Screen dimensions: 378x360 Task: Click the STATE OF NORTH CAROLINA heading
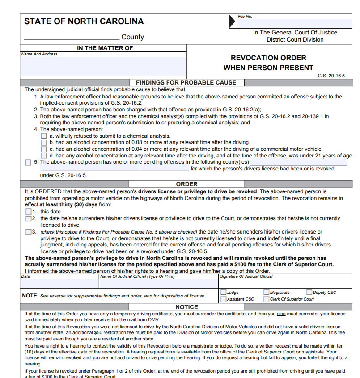tap(84, 21)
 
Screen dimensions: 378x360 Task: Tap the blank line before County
tap(72, 38)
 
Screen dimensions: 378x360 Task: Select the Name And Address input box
tap(103, 66)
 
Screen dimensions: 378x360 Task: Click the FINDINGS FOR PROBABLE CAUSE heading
tap(186, 82)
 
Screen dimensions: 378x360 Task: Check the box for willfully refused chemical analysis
tap(44, 136)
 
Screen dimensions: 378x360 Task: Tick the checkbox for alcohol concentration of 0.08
tap(44, 143)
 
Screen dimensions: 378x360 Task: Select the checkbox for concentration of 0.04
tap(44, 149)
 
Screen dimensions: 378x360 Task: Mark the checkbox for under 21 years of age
tap(44, 156)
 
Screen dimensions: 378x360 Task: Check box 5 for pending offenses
tap(29, 162)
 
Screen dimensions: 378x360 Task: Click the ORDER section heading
tap(186, 184)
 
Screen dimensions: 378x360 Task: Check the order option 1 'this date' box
tap(29, 212)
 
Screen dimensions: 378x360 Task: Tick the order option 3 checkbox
tap(29, 232)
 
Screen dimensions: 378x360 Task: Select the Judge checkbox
tap(223, 293)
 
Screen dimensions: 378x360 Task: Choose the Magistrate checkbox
tap(267, 293)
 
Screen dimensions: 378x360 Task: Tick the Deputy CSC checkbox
tap(309, 293)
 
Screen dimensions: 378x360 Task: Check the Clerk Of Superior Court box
tap(267, 299)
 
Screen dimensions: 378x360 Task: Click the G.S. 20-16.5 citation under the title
tap(331, 76)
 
